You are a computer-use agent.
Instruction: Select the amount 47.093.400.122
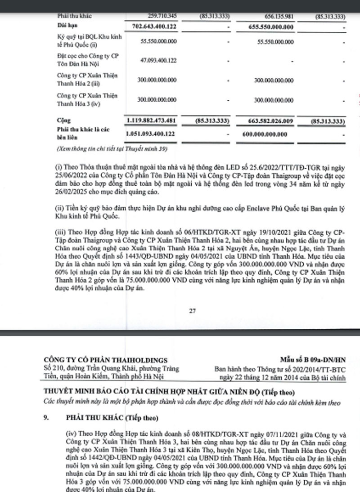click(x=157, y=61)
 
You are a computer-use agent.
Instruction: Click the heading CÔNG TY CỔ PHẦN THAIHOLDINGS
click(x=105, y=360)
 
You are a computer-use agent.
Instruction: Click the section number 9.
click(x=46, y=418)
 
